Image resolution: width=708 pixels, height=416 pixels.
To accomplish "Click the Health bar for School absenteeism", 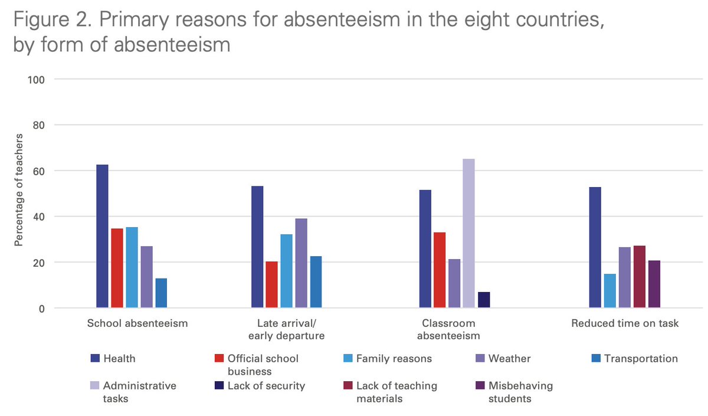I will click(x=102, y=236).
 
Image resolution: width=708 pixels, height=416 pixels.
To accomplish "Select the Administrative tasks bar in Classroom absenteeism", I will click(x=468, y=233).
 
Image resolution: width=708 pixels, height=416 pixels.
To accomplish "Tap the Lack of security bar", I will click(x=484, y=300).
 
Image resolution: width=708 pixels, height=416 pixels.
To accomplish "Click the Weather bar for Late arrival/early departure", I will click(x=301, y=263).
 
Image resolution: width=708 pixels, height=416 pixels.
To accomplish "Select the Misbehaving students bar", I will click(x=654, y=284).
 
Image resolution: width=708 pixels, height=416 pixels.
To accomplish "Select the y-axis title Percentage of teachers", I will click(x=18, y=194).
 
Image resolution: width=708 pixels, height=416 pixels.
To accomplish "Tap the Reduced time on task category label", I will click(x=625, y=323).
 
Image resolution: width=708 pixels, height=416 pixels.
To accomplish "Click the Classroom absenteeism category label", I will click(x=448, y=329).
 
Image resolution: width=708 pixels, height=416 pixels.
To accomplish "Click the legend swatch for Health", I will click(x=94, y=358).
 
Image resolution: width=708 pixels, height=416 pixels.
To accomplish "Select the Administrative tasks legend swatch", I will click(x=94, y=386).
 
